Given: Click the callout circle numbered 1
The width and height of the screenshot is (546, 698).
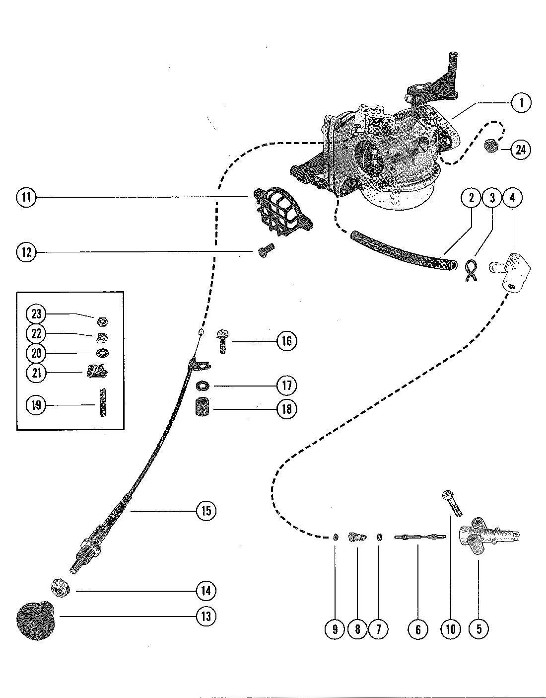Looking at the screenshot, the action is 521,102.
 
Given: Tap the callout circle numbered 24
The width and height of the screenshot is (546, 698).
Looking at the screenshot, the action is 521,150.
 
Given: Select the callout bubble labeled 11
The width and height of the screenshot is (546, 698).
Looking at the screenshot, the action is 26,197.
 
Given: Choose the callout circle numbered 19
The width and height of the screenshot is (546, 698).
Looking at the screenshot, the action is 36,405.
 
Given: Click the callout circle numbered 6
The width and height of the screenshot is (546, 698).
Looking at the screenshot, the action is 418,629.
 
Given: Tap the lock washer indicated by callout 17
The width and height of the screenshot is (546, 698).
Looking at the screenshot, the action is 202,386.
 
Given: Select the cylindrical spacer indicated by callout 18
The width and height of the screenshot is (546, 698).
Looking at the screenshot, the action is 202,407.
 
